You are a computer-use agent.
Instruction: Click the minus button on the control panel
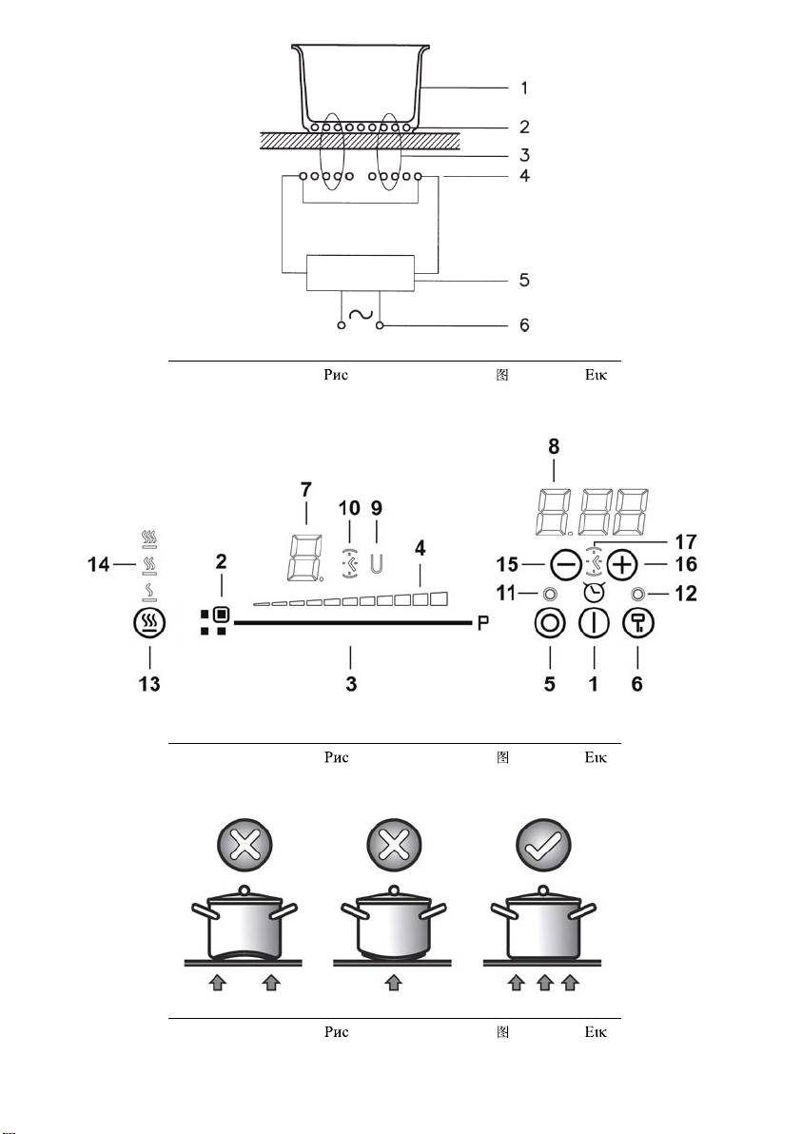565,565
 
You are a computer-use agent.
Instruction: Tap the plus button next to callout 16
621,565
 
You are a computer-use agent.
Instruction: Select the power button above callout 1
594,623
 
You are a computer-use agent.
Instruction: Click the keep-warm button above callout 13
149,623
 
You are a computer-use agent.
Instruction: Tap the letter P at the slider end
483,623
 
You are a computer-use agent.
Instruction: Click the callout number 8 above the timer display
554,446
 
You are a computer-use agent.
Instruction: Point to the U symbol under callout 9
376,564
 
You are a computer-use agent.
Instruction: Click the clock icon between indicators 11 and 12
594,593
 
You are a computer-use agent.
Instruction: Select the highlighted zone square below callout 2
222,615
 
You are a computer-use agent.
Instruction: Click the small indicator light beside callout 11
550,595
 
